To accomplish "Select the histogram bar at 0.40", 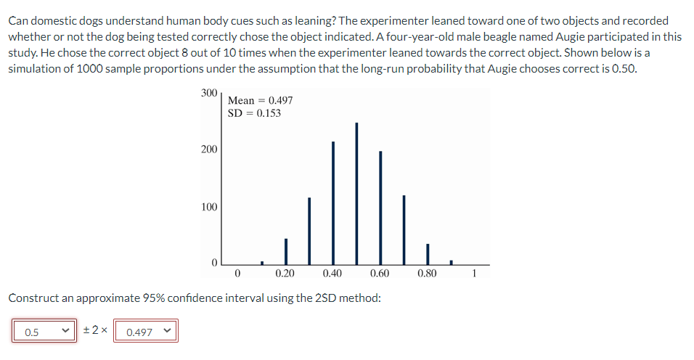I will (x=333, y=202).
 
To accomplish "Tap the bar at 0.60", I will (x=380, y=207).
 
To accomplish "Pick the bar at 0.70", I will (x=404, y=229).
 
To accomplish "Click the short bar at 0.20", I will (x=285, y=251).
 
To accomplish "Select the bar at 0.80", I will (x=428, y=253).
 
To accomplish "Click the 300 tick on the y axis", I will (x=208, y=93).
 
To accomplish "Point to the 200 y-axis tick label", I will (x=208, y=150).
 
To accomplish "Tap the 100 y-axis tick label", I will (x=208, y=207).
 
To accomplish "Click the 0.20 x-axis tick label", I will (x=285, y=274).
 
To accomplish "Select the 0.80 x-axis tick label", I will (x=428, y=274).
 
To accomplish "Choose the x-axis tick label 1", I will (x=475, y=274).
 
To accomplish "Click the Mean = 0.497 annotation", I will (x=260, y=101).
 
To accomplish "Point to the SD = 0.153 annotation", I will (x=254, y=113).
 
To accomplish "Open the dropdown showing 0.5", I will (x=44, y=332).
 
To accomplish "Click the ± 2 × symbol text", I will (x=96, y=331).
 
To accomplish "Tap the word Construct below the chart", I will (x=33, y=298).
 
